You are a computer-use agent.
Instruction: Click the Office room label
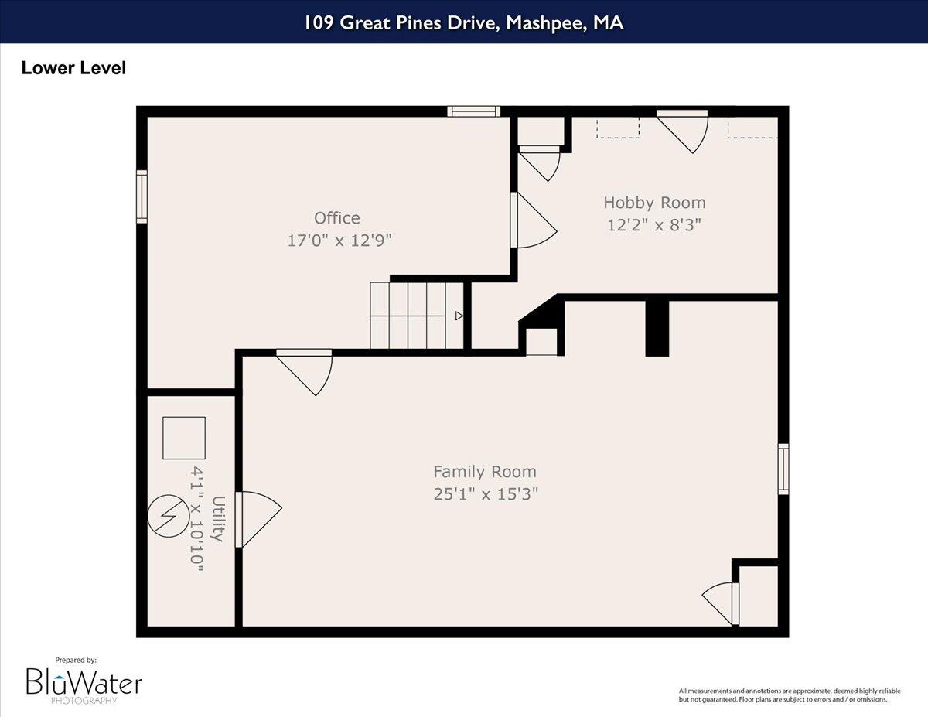tap(336, 218)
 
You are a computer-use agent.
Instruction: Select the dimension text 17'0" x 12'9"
tap(339, 241)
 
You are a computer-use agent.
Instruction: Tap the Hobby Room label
tap(654, 203)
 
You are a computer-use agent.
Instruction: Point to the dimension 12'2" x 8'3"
tap(654, 225)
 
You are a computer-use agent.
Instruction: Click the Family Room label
tap(484, 472)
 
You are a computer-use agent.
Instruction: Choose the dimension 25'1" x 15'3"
tap(486, 494)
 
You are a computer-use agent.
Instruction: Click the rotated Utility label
tap(218, 519)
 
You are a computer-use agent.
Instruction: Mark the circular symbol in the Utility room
tap(168, 515)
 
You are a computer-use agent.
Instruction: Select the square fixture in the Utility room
tap(184, 438)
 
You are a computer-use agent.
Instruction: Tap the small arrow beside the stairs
tap(459, 316)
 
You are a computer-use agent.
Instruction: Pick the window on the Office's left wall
tap(142, 196)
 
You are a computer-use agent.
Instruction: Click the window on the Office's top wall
tap(474, 111)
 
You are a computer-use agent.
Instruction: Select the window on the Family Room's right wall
tap(783, 469)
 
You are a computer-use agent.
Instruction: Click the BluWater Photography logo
tap(84, 683)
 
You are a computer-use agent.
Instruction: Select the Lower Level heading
tap(73, 68)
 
